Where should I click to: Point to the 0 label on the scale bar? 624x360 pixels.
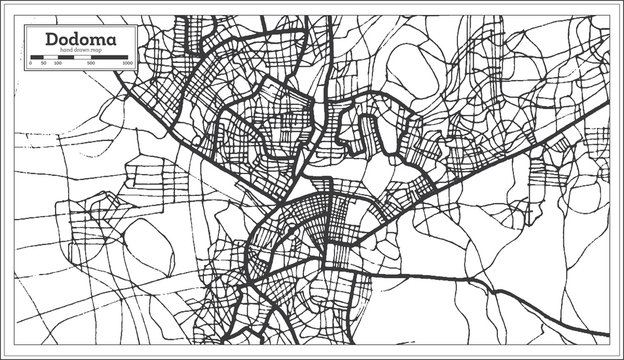(31, 63)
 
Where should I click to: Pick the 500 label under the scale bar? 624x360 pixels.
(91, 63)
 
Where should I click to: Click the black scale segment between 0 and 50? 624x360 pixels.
(36, 57)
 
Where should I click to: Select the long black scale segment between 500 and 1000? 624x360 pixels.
(109, 57)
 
